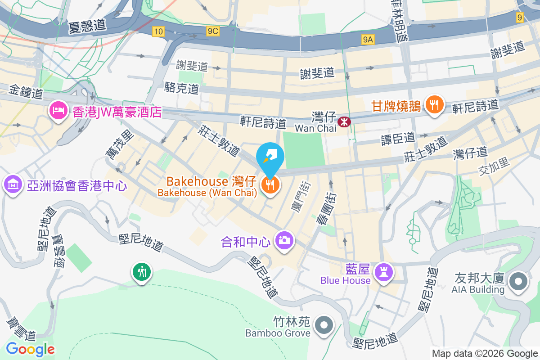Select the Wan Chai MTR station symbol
click(344, 121)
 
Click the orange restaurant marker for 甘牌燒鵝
click(434, 105)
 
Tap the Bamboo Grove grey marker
click(324, 325)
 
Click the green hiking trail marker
click(142, 271)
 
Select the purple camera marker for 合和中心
click(284, 239)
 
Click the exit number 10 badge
click(157, 31)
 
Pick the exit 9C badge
click(213, 31)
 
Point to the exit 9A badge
click(368, 40)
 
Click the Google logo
click(31, 349)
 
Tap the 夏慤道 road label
click(87, 26)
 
